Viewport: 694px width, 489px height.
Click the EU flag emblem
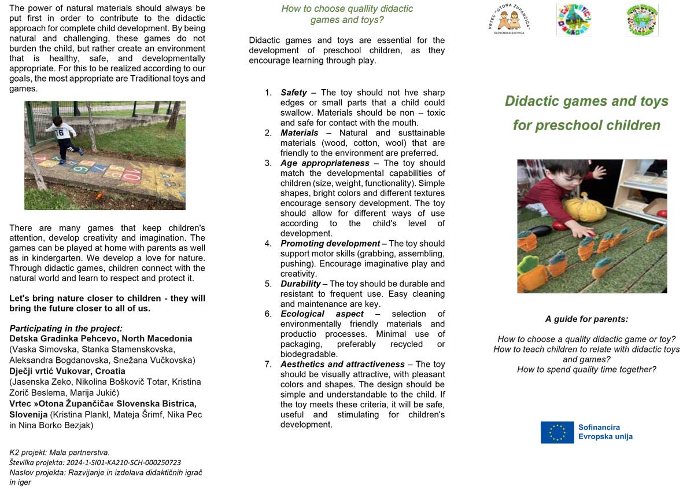[557, 432]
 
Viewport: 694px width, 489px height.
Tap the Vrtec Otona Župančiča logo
[509, 20]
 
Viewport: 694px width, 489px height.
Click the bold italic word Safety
[294, 93]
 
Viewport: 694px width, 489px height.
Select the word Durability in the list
[301, 284]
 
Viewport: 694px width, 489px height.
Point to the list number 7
[268, 364]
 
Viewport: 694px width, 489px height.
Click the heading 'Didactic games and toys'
[586, 101]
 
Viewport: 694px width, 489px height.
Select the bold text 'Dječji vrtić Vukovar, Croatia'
[67, 371]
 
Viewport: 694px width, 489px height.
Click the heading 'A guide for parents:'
[586, 319]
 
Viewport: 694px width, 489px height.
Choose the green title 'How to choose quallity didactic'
[347, 9]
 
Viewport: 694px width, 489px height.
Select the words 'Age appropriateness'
[325, 163]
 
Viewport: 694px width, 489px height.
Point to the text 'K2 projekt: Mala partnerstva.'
[60, 452]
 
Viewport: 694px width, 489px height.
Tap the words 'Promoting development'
[330, 243]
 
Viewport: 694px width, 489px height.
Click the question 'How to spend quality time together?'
[586, 369]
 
